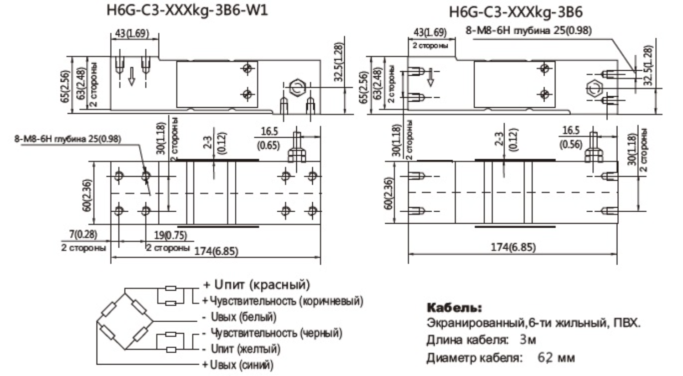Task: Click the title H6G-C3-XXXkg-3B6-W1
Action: [187, 10]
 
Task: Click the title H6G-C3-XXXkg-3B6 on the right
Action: [516, 11]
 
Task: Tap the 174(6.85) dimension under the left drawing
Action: [216, 251]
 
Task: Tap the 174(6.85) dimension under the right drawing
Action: [513, 247]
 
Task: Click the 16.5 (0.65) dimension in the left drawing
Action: [269, 138]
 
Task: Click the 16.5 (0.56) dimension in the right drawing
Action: [570, 137]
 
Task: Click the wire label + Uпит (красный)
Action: [256, 285]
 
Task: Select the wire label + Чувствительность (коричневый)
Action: [283, 301]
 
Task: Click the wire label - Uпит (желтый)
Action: [241, 349]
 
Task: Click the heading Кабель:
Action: [454, 307]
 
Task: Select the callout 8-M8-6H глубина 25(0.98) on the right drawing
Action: [528, 31]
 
